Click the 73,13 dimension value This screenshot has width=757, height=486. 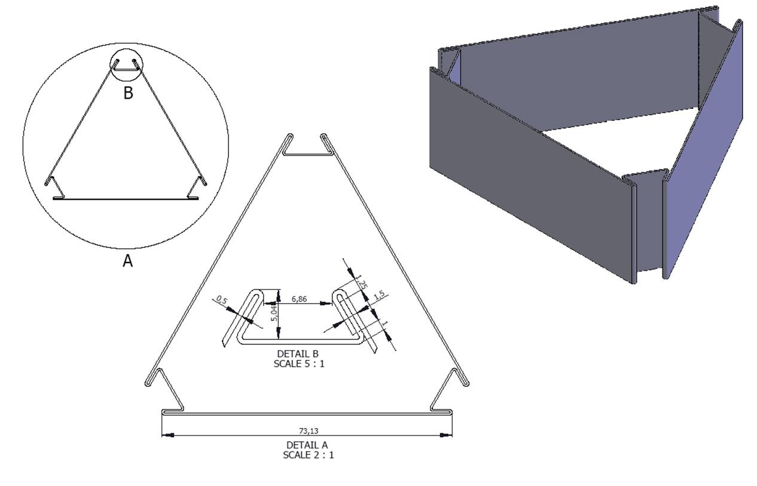pyautogui.click(x=309, y=430)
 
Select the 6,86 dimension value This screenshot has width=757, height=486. pyautogui.click(x=299, y=299)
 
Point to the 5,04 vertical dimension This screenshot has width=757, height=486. pyautogui.click(x=274, y=313)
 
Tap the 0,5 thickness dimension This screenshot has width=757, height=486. pyautogui.click(x=222, y=299)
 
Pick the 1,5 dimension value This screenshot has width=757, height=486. pyautogui.click(x=379, y=295)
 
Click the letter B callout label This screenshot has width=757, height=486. pyautogui.click(x=128, y=93)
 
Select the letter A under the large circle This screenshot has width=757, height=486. pyautogui.click(x=128, y=261)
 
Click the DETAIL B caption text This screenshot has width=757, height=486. pyautogui.click(x=298, y=354)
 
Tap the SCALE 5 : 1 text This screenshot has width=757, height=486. pyautogui.click(x=299, y=364)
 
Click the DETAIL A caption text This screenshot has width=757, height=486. pyautogui.click(x=307, y=445)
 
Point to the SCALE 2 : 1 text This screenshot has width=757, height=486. pyautogui.click(x=308, y=456)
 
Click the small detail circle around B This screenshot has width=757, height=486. pyautogui.click(x=127, y=48)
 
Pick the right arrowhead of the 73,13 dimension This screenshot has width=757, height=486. pyautogui.click(x=445, y=435)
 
